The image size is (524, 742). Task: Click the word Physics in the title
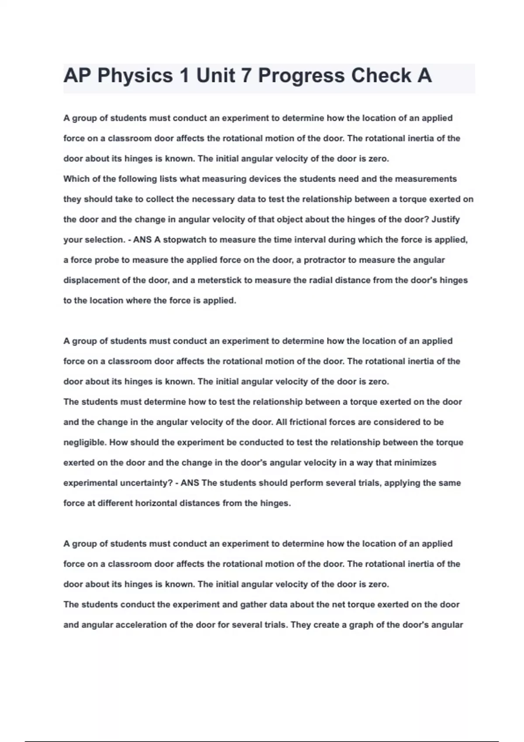coord(135,76)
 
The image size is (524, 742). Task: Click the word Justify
coord(445,220)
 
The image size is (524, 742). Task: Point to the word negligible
coord(85,443)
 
